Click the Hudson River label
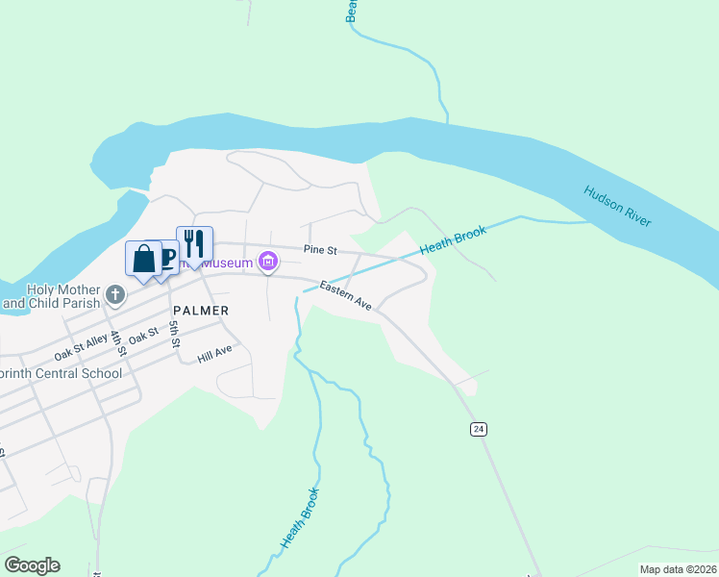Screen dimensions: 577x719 (617, 205)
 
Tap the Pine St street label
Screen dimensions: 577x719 (320, 250)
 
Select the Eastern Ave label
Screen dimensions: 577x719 (346, 295)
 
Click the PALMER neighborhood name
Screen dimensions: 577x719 (201, 311)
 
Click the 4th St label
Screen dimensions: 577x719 (117, 342)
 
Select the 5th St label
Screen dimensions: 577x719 (175, 336)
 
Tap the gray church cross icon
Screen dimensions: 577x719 (115, 294)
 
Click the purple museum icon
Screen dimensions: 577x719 (268, 262)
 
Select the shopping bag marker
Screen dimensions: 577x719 (143, 259)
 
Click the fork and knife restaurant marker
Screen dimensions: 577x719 (194, 243)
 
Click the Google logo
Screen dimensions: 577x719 (32, 565)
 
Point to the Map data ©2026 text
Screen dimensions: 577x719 (679, 569)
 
